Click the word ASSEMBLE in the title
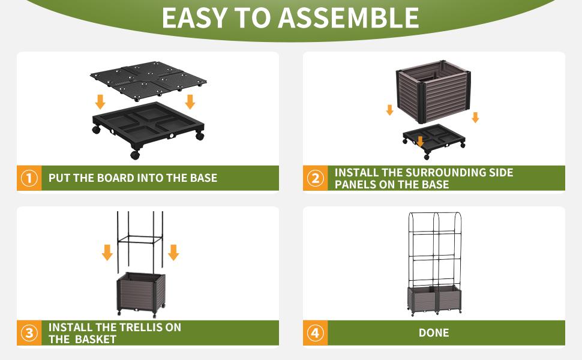[349, 18]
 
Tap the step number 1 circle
[29, 178]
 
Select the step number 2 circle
[315, 178]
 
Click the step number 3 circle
[29, 333]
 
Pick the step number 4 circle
[315, 333]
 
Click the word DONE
[434, 333]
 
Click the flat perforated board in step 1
[148, 80]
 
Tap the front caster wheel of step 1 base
[135, 155]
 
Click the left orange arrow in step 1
[100, 101]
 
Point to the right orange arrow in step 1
[190, 101]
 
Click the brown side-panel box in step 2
[434, 91]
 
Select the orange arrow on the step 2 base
[420, 141]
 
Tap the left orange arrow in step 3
[107, 253]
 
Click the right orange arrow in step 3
[173, 253]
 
